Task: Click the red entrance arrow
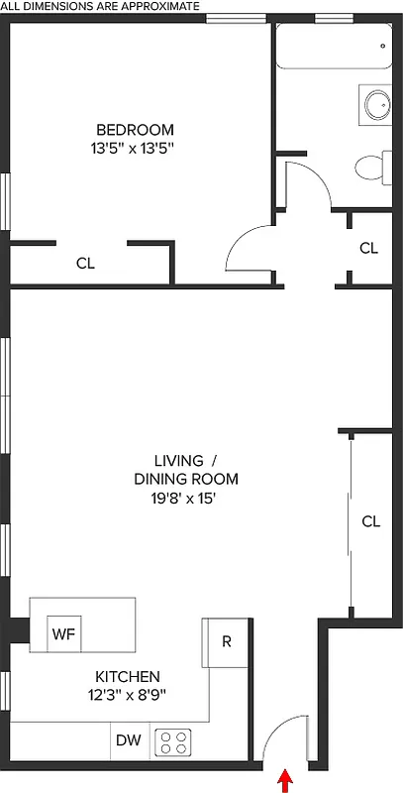click(x=286, y=781)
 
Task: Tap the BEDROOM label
click(x=135, y=130)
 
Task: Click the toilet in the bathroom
click(x=371, y=168)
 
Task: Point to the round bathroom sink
click(x=376, y=104)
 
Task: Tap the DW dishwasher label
click(x=128, y=739)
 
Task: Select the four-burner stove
click(x=174, y=741)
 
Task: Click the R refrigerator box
click(x=225, y=641)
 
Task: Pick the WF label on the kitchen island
click(x=63, y=633)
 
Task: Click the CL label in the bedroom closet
click(x=85, y=264)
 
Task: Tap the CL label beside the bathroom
click(x=368, y=248)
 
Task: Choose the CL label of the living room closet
click(x=370, y=521)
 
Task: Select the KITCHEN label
click(x=126, y=677)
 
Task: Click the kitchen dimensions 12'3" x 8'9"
click(x=126, y=695)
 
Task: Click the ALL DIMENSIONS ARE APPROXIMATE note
click(x=100, y=6)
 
